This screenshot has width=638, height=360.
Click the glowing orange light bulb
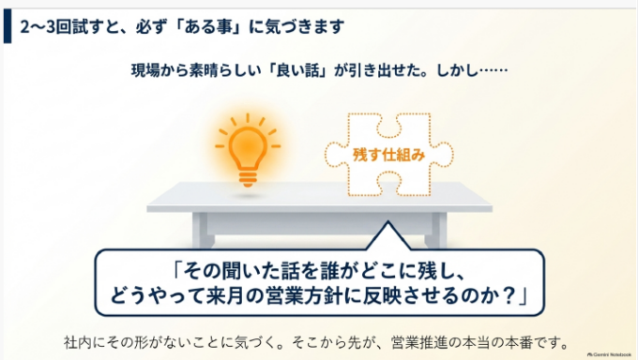(x=248, y=151)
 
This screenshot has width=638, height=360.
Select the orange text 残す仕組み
(x=388, y=155)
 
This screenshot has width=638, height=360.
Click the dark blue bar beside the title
(x=8, y=26)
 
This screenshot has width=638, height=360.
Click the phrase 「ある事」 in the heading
(x=211, y=27)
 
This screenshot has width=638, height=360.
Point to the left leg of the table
(x=203, y=230)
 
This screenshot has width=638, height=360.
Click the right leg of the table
(x=435, y=230)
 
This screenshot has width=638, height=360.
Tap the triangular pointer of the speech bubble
(x=388, y=236)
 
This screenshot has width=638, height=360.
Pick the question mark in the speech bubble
(x=507, y=295)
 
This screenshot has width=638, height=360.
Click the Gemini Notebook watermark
(x=609, y=354)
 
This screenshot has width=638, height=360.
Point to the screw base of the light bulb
(x=248, y=179)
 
